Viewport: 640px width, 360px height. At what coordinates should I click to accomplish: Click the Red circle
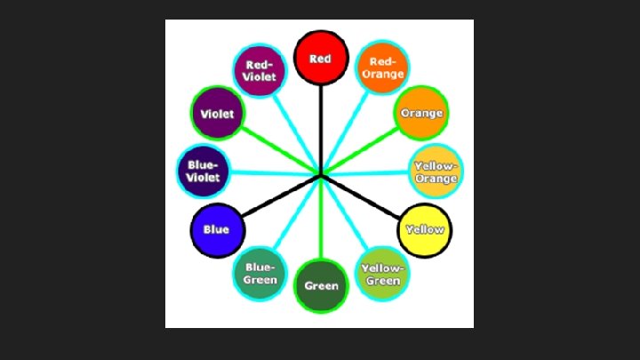pyautogui.click(x=320, y=58)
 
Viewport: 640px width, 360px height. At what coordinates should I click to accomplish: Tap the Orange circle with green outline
pyautogui.click(x=420, y=113)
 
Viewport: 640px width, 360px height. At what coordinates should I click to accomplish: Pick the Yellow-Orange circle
pyautogui.click(x=436, y=172)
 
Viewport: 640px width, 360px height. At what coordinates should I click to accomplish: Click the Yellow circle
pyautogui.click(x=424, y=229)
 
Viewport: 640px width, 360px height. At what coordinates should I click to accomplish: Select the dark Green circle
pyautogui.click(x=321, y=285)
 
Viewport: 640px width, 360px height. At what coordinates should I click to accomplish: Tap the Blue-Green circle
pyautogui.click(x=260, y=274)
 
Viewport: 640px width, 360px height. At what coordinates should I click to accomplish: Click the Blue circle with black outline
pyautogui.click(x=216, y=229)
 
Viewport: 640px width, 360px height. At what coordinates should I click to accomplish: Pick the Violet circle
pyautogui.click(x=217, y=113)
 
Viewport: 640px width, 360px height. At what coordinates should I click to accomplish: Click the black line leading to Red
pyautogui.click(x=320, y=124)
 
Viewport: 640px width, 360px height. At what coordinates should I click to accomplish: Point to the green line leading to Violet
pyautogui.click(x=276, y=146)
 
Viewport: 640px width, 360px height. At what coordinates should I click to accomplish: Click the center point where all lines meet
pyautogui.click(x=321, y=174)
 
